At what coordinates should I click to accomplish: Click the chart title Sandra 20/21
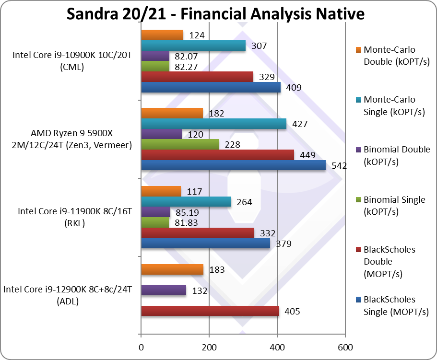pyautogui.click(x=215, y=14)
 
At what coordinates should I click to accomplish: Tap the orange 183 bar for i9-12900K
pyautogui.click(x=172, y=269)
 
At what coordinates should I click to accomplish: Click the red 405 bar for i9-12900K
pyautogui.click(x=210, y=311)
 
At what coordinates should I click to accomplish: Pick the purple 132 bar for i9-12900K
pyautogui.click(x=164, y=290)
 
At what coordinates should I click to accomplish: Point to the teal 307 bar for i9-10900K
pyautogui.click(x=193, y=46)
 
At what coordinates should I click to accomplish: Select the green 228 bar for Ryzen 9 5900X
pyautogui.click(x=180, y=144)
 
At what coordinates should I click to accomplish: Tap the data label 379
pyautogui.click(x=284, y=244)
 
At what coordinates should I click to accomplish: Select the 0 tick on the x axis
pyautogui.click(x=141, y=347)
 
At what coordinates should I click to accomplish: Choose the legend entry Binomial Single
pyautogui.click(x=394, y=205)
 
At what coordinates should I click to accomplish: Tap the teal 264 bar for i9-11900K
pyautogui.click(x=186, y=202)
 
